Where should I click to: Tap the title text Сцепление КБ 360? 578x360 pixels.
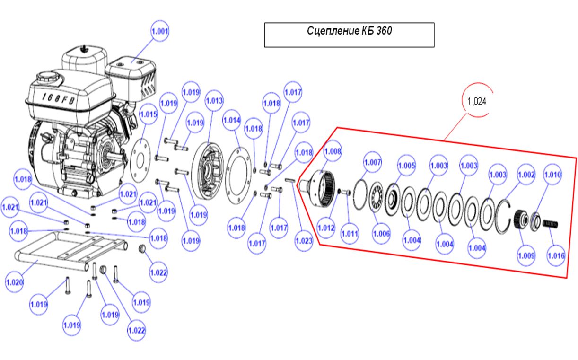(349, 32)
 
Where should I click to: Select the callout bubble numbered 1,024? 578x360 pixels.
(477, 101)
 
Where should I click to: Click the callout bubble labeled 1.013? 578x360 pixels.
(214, 101)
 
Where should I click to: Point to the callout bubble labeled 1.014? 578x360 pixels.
(232, 120)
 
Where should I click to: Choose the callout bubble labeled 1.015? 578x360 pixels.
(149, 114)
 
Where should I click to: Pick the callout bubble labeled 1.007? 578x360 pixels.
(373, 162)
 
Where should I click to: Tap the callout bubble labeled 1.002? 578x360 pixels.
(525, 175)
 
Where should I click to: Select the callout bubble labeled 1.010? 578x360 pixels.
(552, 175)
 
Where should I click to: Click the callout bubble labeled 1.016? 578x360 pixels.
(556, 256)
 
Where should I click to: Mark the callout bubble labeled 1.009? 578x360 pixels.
(526, 256)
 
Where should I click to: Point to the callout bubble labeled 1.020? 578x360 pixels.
(15, 282)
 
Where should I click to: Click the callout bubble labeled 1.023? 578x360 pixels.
(304, 241)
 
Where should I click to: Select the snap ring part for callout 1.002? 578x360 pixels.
(503, 215)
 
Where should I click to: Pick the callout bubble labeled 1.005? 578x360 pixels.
(406, 166)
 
